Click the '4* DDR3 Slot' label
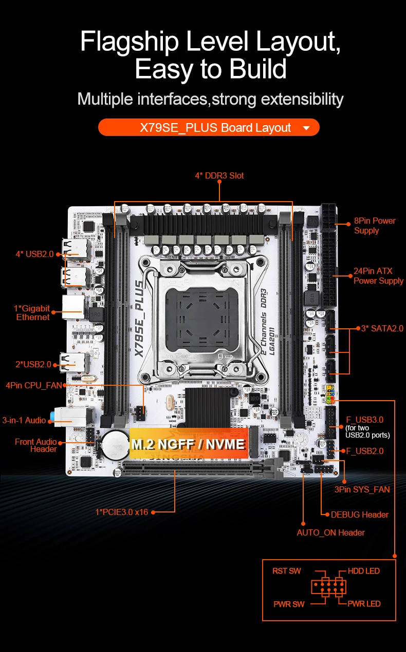219,175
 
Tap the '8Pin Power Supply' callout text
375,226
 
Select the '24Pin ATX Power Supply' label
378,275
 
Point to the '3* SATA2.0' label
382,328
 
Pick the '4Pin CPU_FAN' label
34,385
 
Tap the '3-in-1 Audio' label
24,420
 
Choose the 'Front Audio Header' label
36,445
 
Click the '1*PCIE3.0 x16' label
122,512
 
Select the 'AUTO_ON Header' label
331,532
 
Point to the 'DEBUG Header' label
360,515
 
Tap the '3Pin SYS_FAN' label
362,489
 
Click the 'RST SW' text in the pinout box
287,571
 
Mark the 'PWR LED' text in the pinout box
364,604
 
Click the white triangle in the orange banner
306,128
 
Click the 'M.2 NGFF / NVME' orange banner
189,443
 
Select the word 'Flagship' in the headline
130,42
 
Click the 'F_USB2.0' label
364,451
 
